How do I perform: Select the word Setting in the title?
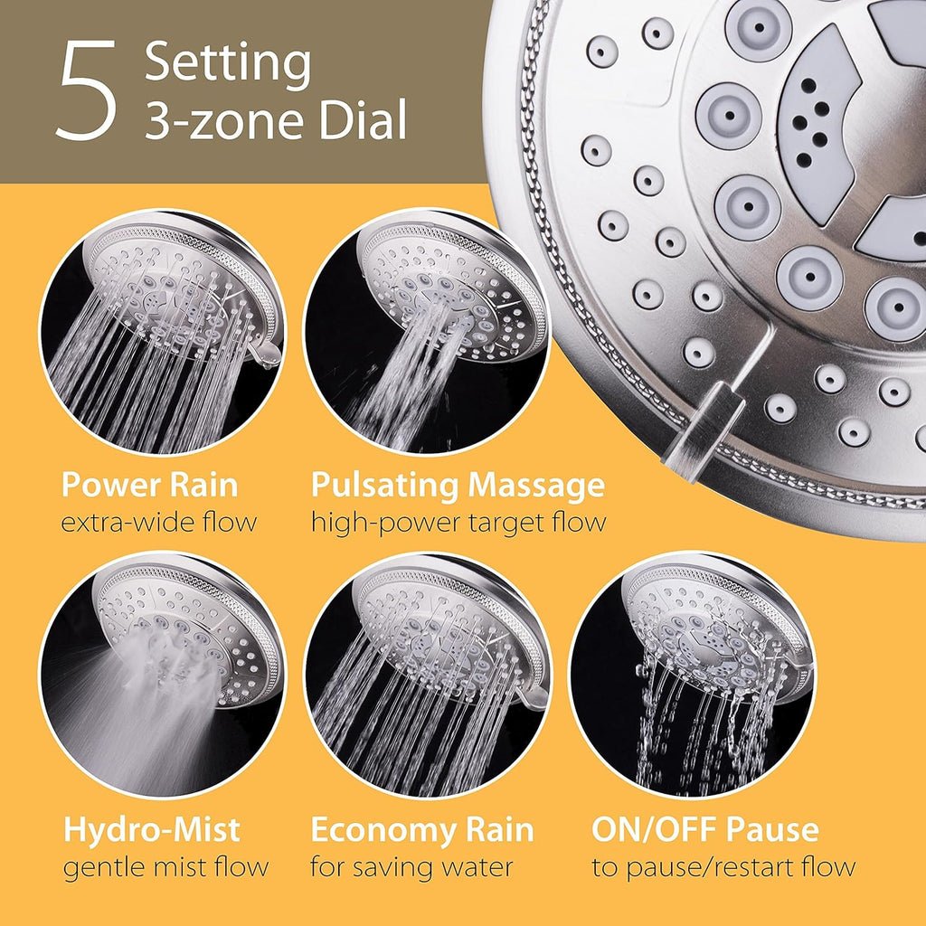click(228, 63)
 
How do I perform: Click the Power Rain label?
click(149, 486)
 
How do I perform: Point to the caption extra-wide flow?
click(159, 522)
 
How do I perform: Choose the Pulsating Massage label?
click(458, 486)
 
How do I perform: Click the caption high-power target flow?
click(458, 522)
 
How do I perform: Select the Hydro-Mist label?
click(152, 829)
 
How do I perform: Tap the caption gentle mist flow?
click(165, 867)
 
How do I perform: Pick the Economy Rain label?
click(422, 829)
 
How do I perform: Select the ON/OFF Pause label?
click(705, 829)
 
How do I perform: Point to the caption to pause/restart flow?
click(723, 867)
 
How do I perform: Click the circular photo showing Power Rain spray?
click(162, 332)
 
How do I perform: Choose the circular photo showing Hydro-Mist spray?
click(162, 675)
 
